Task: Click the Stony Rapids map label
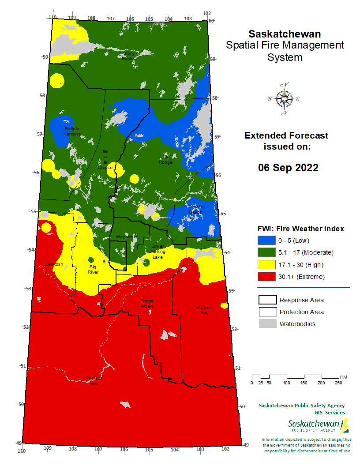click(x=129, y=56)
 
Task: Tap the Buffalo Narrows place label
click(x=72, y=131)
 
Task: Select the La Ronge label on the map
click(x=166, y=160)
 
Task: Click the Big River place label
click(x=93, y=270)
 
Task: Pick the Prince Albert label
click(x=147, y=303)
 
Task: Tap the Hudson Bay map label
click(x=204, y=310)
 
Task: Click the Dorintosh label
click(x=53, y=264)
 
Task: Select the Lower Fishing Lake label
click(x=157, y=252)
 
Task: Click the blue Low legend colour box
click(x=266, y=241)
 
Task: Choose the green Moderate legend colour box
click(x=266, y=252)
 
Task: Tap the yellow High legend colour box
click(x=266, y=265)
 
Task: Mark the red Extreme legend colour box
click(x=266, y=277)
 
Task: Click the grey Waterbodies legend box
click(x=266, y=324)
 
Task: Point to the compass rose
click(x=283, y=99)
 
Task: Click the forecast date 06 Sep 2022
click(x=288, y=168)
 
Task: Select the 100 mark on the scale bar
click(x=286, y=383)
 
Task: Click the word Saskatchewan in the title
click(x=285, y=34)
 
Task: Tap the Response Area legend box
click(x=266, y=300)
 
